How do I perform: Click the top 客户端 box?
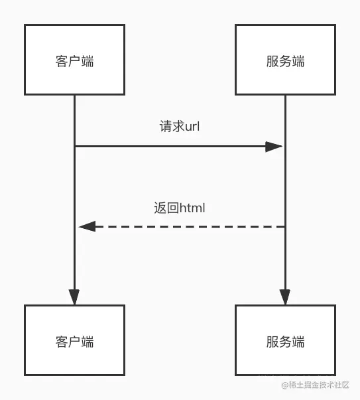click(74, 60)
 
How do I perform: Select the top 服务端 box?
click(285, 60)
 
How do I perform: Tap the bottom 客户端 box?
click(74, 341)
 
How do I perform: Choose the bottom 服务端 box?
click(285, 341)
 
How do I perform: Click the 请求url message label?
click(179, 126)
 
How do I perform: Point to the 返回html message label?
click(179, 208)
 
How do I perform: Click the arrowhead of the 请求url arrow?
click(274, 147)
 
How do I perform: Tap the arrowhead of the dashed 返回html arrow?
click(87, 227)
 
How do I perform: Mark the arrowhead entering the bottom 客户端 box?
click(74, 297)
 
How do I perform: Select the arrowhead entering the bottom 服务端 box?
click(285, 297)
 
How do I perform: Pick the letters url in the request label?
click(192, 126)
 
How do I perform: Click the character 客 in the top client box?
click(61, 61)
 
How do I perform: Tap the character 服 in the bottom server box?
click(272, 342)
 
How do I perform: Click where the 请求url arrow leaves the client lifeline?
click(75, 147)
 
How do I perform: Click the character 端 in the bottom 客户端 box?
click(88, 342)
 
